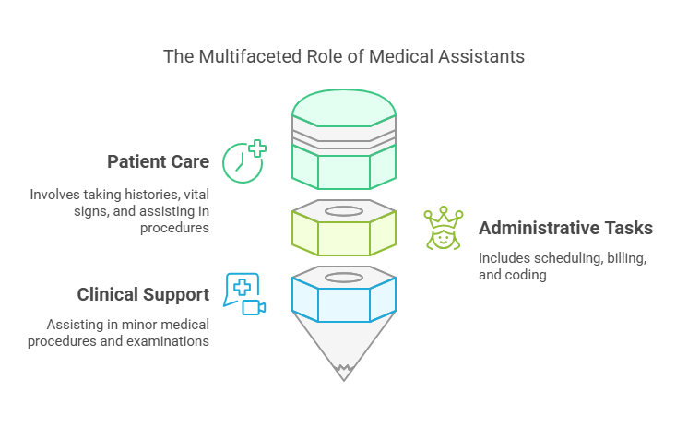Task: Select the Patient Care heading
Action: coord(158,162)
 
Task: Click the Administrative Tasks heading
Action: coord(565,228)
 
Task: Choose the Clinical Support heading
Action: coord(143,295)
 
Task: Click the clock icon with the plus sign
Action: coord(244,161)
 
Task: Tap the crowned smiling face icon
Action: coord(443,229)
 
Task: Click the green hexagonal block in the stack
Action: coord(344,166)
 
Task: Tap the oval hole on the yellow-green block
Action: coord(344,211)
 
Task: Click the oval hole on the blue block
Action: coord(344,278)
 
